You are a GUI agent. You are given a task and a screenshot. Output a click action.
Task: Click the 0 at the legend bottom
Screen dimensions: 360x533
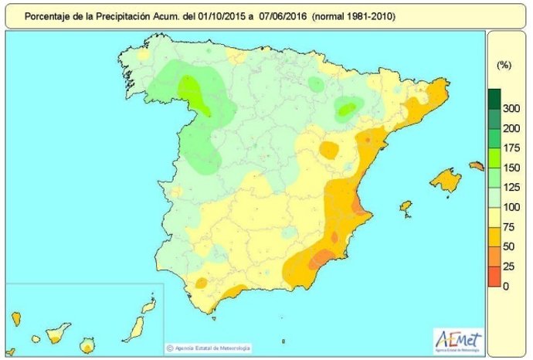click(x=506, y=287)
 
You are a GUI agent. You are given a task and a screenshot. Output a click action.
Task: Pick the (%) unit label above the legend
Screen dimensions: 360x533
click(x=504, y=66)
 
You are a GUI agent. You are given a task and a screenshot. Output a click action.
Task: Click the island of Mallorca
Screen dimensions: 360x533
click(x=446, y=181)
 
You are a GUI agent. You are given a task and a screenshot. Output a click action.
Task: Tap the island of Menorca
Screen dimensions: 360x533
click(x=476, y=165)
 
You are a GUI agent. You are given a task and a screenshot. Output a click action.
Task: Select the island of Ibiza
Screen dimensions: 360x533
click(x=406, y=206)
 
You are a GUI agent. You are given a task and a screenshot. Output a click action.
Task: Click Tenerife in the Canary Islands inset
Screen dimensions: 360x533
click(x=57, y=335)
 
